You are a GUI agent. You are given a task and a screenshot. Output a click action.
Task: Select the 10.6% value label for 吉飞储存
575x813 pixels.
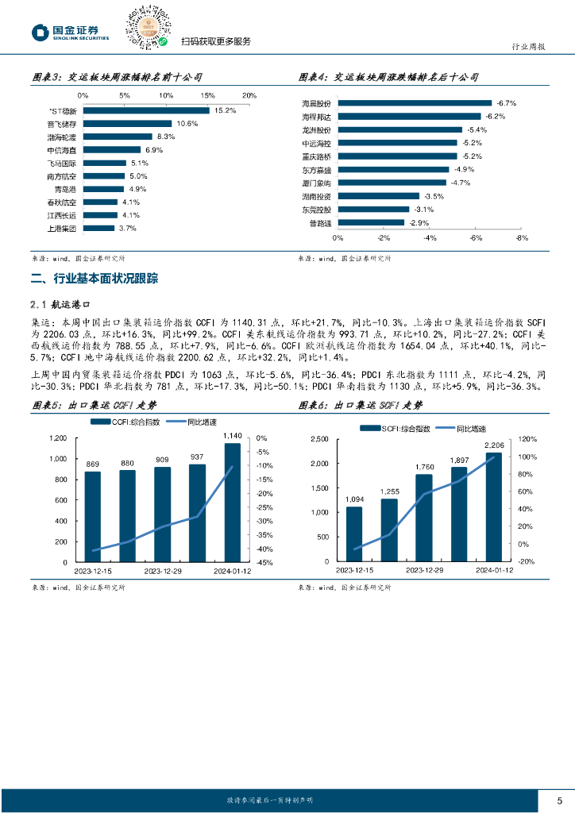[187, 124]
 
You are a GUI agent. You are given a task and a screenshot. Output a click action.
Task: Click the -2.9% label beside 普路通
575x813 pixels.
[419, 222]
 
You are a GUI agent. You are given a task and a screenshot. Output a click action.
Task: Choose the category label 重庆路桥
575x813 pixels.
[315, 156]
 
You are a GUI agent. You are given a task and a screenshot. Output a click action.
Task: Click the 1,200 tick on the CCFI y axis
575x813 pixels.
[58, 438]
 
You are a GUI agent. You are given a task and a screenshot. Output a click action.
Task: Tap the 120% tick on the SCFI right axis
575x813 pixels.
[529, 438]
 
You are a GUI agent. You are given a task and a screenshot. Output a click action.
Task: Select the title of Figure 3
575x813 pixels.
[116, 78]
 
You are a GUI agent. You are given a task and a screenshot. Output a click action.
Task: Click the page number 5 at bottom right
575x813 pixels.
[559, 800]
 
